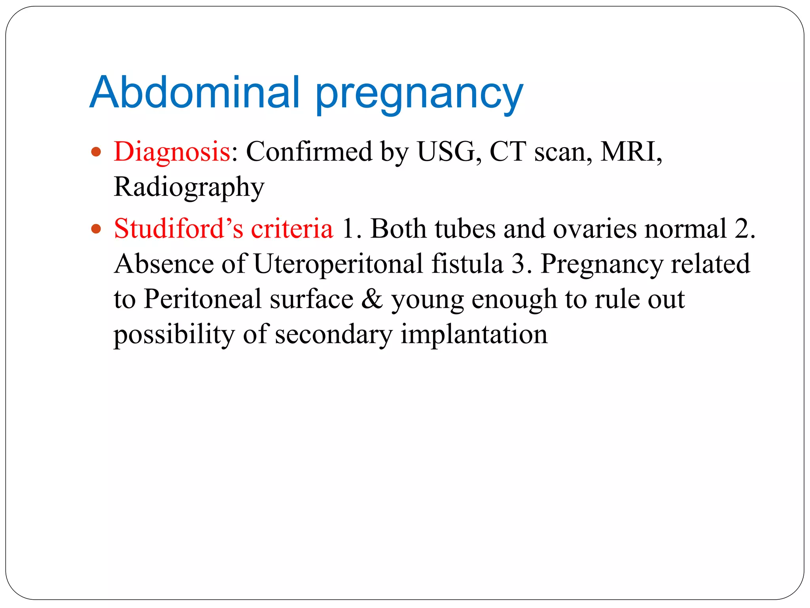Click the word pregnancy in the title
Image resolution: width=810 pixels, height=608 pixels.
pos(419,95)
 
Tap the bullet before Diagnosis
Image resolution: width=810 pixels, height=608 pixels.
pos(96,152)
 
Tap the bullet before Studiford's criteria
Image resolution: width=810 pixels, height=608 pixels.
pos(96,229)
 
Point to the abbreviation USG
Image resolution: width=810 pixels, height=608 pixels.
pos(446,152)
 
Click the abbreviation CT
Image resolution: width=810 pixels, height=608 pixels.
pos(507,152)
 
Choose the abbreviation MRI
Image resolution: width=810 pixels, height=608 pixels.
pos(629,152)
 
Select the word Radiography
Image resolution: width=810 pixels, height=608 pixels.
pos(189,187)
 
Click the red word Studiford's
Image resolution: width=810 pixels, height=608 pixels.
pos(178,229)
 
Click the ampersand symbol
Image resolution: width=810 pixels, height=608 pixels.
pos(372,299)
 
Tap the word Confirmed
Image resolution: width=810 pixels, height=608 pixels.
pos(309,152)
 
